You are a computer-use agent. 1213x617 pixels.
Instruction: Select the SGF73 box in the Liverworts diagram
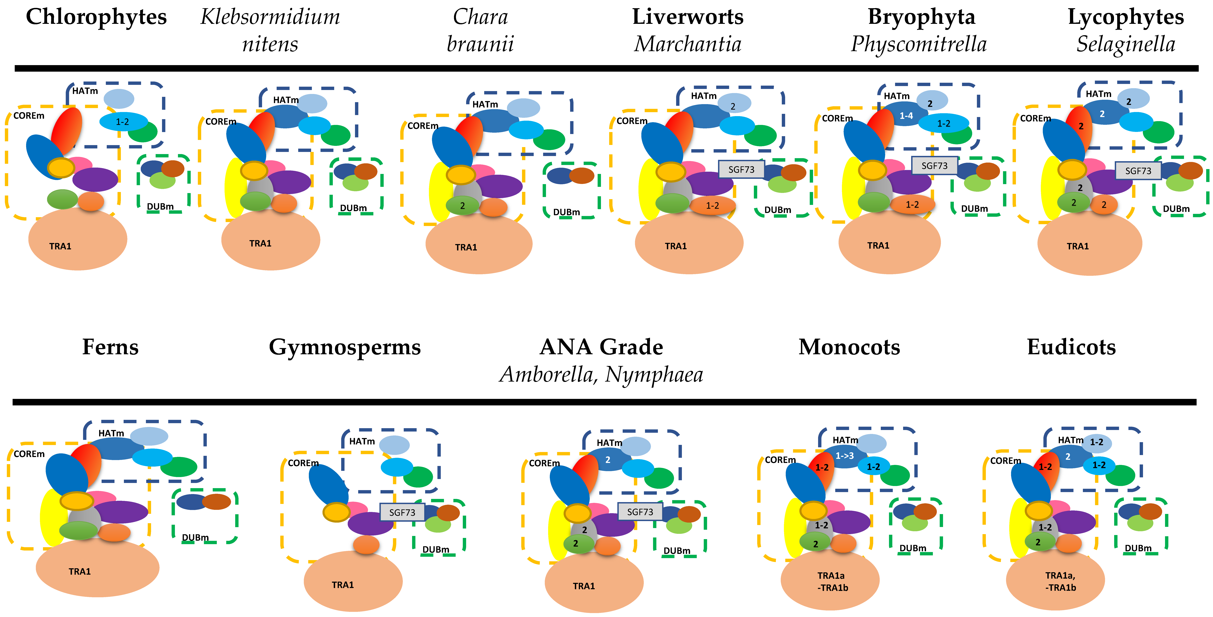741,169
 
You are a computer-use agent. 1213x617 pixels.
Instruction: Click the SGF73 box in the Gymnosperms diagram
402,512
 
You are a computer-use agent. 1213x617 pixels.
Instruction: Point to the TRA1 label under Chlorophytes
60,246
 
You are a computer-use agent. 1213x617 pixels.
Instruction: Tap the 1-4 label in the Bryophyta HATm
906,116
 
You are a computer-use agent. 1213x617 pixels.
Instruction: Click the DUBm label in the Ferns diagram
195,537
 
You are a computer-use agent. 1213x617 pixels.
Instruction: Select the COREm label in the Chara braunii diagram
423,126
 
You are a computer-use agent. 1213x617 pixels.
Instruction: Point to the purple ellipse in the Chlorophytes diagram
96,179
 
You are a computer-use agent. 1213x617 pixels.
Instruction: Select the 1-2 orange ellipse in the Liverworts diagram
712,206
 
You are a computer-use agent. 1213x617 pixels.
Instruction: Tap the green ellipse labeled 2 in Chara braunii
462,206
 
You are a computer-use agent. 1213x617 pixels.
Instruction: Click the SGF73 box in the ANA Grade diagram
640,512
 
